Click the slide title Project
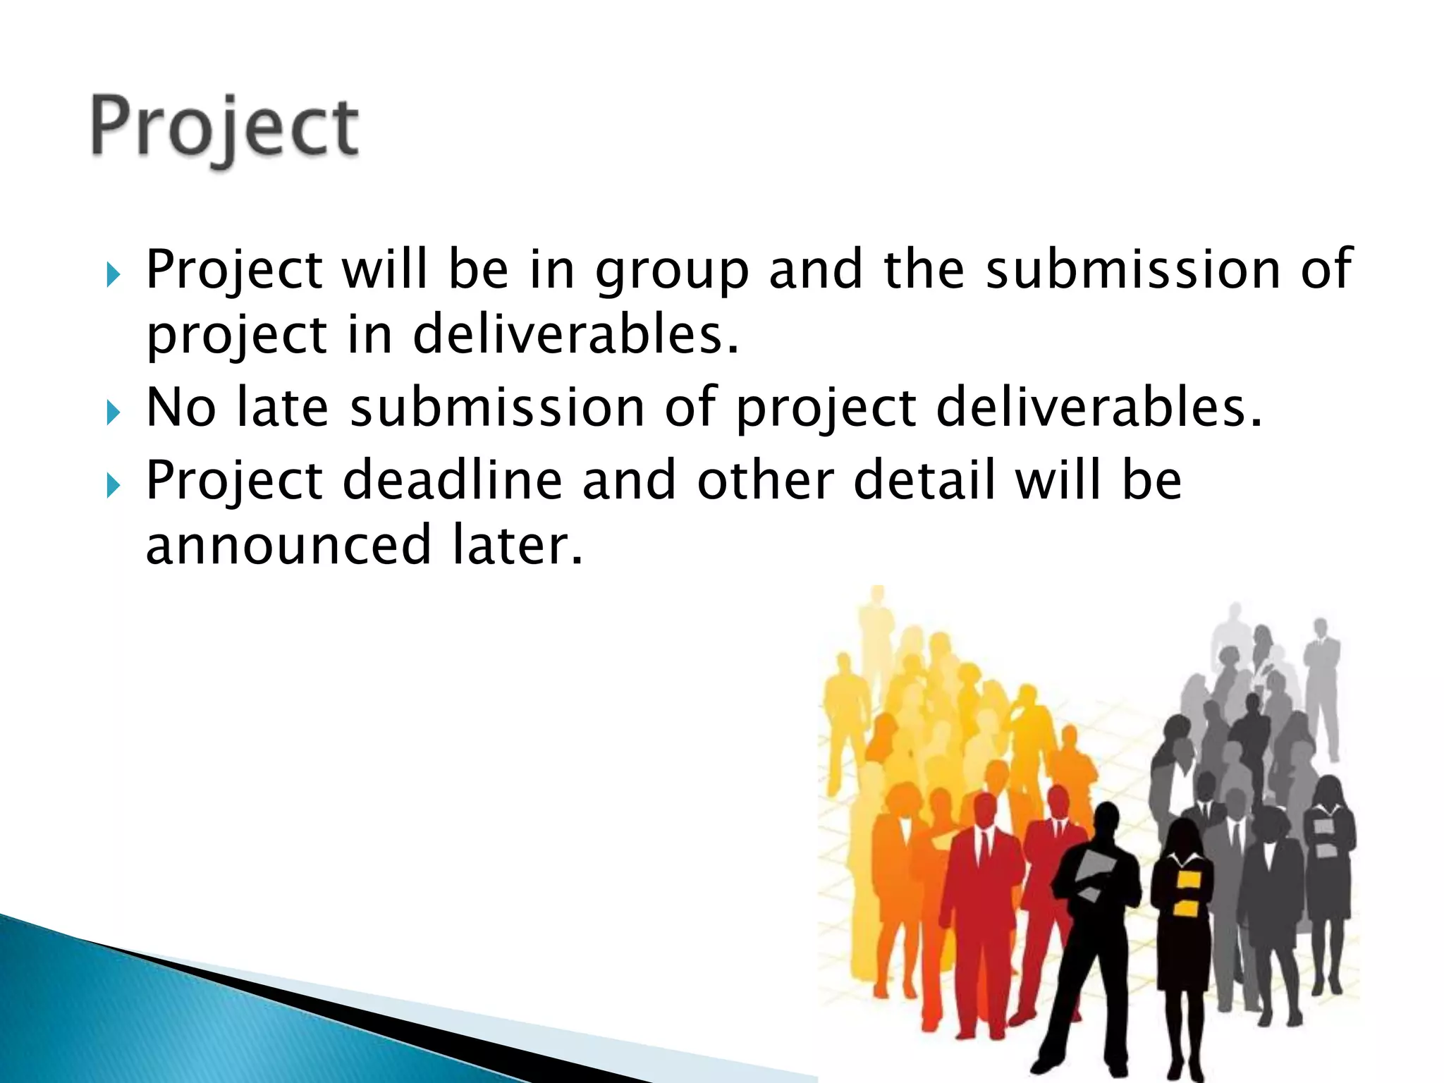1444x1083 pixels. (224, 127)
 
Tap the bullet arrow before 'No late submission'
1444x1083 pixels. (114, 412)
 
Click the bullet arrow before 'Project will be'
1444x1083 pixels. (114, 274)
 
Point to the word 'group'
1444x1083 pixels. (672, 271)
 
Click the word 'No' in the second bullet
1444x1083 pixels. (180, 408)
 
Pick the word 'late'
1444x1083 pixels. (283, 408)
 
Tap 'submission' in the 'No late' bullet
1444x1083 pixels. (497, 408)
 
